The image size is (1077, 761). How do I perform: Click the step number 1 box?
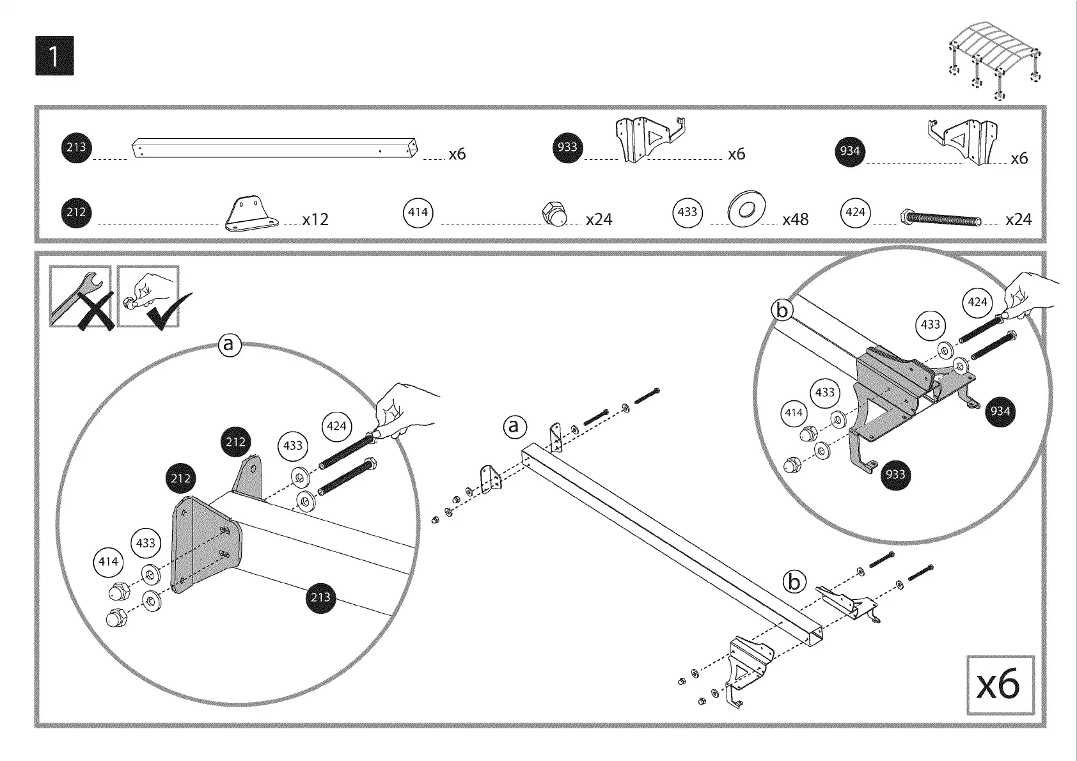click(54, 56)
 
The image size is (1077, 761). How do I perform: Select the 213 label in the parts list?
click(76, 148)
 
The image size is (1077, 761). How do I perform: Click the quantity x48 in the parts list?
click(795, 219)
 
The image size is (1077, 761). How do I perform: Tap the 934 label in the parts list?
click(850, 152)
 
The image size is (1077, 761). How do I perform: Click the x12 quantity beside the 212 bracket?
click(315, 219)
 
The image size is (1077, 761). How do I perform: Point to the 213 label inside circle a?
click(320, 597)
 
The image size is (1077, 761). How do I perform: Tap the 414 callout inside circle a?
click(108, 561)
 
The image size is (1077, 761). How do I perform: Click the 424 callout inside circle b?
click(978, 302)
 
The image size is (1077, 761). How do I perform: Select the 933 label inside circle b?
click(895, 474)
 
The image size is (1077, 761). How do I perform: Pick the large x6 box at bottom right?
click(1000, 685)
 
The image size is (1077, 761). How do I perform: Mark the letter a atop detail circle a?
click(230, 345)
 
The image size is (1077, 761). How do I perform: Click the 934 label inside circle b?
click(1000, 411)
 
